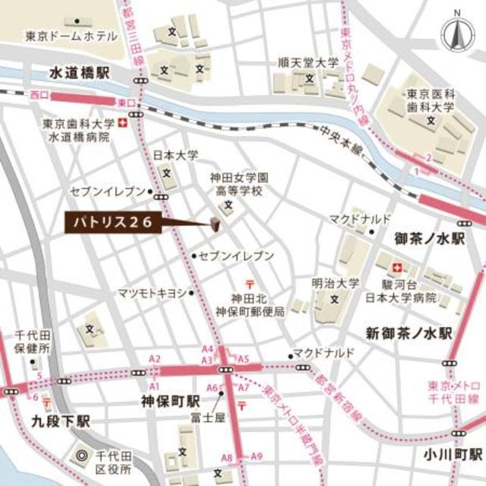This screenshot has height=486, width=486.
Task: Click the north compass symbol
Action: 458,33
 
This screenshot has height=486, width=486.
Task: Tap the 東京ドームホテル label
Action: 71,36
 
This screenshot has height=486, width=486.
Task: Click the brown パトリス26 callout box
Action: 113,222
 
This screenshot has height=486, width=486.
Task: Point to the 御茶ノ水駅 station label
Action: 429,238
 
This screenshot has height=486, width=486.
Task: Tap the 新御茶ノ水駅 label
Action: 409,333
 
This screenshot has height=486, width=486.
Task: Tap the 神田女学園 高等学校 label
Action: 235,185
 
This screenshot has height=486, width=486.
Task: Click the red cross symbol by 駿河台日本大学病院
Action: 395,267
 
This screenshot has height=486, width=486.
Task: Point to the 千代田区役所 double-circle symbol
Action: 82,457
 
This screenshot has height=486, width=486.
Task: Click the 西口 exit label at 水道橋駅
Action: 39,95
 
